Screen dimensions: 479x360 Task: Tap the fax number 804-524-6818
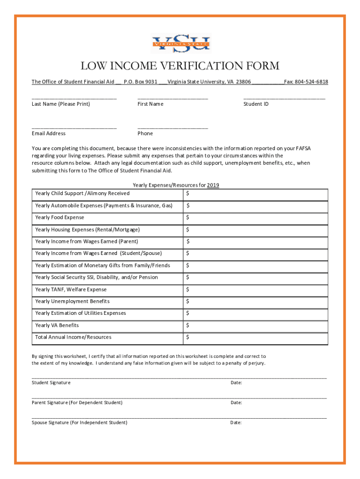[x=310, y=82]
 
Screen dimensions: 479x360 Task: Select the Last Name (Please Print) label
[x=61, y=104]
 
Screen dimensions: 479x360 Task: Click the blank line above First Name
[x=173, y=98]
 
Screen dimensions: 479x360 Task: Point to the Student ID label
[x=256, y=104]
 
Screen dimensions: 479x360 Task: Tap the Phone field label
[x=145, y=133]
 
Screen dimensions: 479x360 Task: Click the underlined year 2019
[x=213, y=185]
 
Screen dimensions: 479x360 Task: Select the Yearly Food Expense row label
[x=60, y=218]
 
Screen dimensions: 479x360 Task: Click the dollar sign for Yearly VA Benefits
[x=187, y=326]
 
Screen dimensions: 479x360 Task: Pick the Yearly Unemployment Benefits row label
[x=72, y=301]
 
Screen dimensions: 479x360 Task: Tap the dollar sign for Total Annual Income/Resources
[x=187, y=337]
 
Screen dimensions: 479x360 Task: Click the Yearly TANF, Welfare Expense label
[x=71, y=290]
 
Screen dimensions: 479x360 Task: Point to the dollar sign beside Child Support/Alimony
[x=187, y=194]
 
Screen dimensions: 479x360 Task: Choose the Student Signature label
[x=51, y=383]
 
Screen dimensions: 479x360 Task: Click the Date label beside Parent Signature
[x=236, y=403]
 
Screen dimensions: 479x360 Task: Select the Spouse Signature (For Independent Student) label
[x=79, y=423]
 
